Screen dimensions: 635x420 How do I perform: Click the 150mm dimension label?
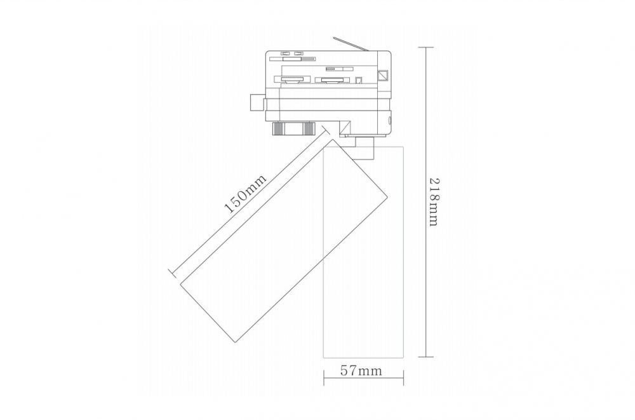(x=246, y=194)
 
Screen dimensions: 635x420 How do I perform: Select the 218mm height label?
(x=434, y=202)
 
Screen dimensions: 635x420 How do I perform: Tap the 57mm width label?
(x=361, y=370)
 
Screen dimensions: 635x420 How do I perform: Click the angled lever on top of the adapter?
(x=351, y=44)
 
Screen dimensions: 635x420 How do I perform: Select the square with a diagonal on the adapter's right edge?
(x=383, y=76)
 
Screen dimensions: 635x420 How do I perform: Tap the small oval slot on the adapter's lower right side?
(x=390, y=120)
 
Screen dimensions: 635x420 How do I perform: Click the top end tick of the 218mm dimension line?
(x=425, y=48)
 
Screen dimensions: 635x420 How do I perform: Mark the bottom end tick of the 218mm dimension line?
(x=425, y=357)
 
